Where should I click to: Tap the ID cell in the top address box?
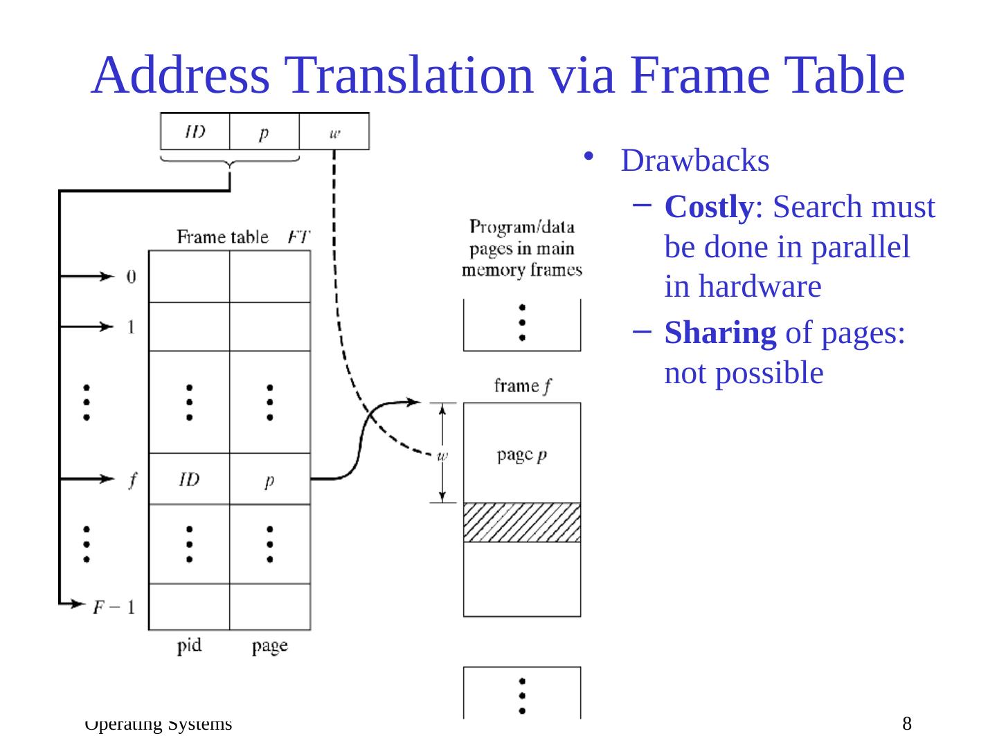(x=195, y=131)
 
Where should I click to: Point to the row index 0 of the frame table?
(x=131, y=277)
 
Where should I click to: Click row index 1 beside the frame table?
(x=131, y=326)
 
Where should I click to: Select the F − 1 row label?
(x=114, y=607)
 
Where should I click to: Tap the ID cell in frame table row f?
(x=189, y=479)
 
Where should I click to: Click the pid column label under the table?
(x=189, y=645)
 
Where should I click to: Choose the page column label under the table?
(x=269, y=646)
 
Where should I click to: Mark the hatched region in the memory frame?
(x=521, y=522)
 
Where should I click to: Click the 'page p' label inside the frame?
(x=521, y=455)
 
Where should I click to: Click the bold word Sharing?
(x=720, y=333)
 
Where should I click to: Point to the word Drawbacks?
(x=695, y=160)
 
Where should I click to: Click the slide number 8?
(x=907, y=723)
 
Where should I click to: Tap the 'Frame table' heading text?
(x=222, y=237)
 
